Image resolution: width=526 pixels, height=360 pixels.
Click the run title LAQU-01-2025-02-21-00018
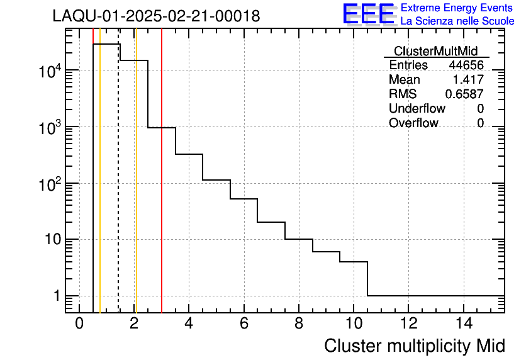[156, 16]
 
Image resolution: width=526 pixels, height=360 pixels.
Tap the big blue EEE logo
[369, 14]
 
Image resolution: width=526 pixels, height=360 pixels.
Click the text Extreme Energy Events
[457, 8]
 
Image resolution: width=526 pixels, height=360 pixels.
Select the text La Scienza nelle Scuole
[457, 21]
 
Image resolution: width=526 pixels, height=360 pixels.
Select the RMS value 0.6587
[464, 94]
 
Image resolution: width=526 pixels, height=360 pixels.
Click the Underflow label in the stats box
[417, 108]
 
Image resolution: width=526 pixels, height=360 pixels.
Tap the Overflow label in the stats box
[413, 123]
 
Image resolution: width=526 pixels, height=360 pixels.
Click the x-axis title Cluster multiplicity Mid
[414, 346]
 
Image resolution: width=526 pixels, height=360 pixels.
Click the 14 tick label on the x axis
[462, 324]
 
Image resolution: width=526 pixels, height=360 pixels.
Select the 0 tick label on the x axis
[79, 324]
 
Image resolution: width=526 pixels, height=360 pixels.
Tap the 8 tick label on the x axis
[298, 324]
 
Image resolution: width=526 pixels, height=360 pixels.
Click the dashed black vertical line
[118, 189]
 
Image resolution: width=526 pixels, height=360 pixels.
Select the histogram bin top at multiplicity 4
[189, 154]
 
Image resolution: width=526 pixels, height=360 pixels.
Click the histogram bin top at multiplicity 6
[243, 199]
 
